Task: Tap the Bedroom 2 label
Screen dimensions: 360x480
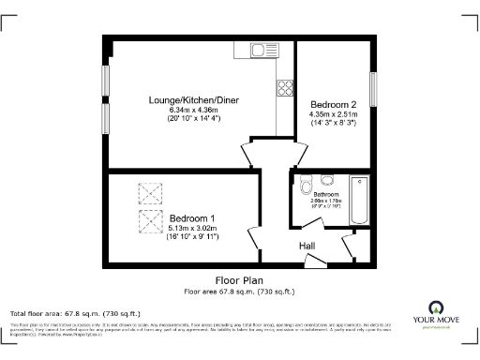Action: pos(333,104)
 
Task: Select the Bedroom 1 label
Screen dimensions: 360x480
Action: pos(192,217)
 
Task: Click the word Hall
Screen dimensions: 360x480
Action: pos(307,246)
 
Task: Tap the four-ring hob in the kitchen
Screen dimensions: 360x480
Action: pos(284,89)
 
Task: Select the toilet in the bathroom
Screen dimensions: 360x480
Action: pos(304,187)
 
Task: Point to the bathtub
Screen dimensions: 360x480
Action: pos(359,199)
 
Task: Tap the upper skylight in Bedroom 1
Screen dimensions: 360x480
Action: pos(149,192)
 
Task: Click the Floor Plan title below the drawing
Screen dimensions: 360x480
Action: pos(240,279)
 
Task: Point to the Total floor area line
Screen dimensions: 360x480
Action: pos(75,312)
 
